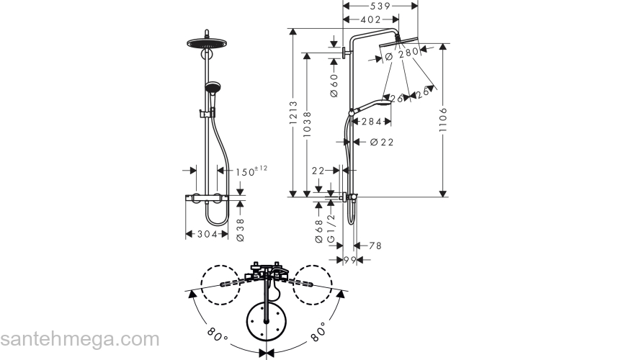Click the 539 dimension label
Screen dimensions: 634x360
tap(380, 6)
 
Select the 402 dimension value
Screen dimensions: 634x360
tap(370, 19)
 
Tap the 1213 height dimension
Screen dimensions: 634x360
tap(293, 112)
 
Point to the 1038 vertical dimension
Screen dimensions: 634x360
tap(308, 124)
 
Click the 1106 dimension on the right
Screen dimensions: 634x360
tap(443, 120)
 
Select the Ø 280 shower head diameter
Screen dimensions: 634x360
tap(401, 54)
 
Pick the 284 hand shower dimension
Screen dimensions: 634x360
tap(371, 121)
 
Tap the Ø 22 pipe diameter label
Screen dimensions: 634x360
tap(382, 142)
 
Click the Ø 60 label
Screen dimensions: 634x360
tap(334, 85)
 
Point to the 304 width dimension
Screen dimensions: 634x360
tap(207, 234)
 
